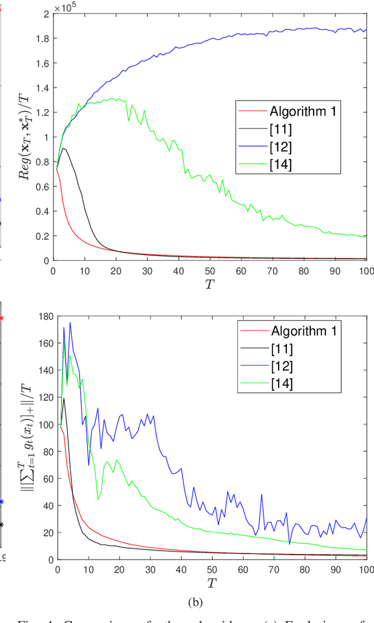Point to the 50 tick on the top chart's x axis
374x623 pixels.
pos(210,271)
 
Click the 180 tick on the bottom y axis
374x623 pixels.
pos(44,316)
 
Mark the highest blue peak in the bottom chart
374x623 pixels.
pos(70,323)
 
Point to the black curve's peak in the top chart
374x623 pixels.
pos(63,148)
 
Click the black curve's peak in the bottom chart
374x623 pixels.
pos(64,399)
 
